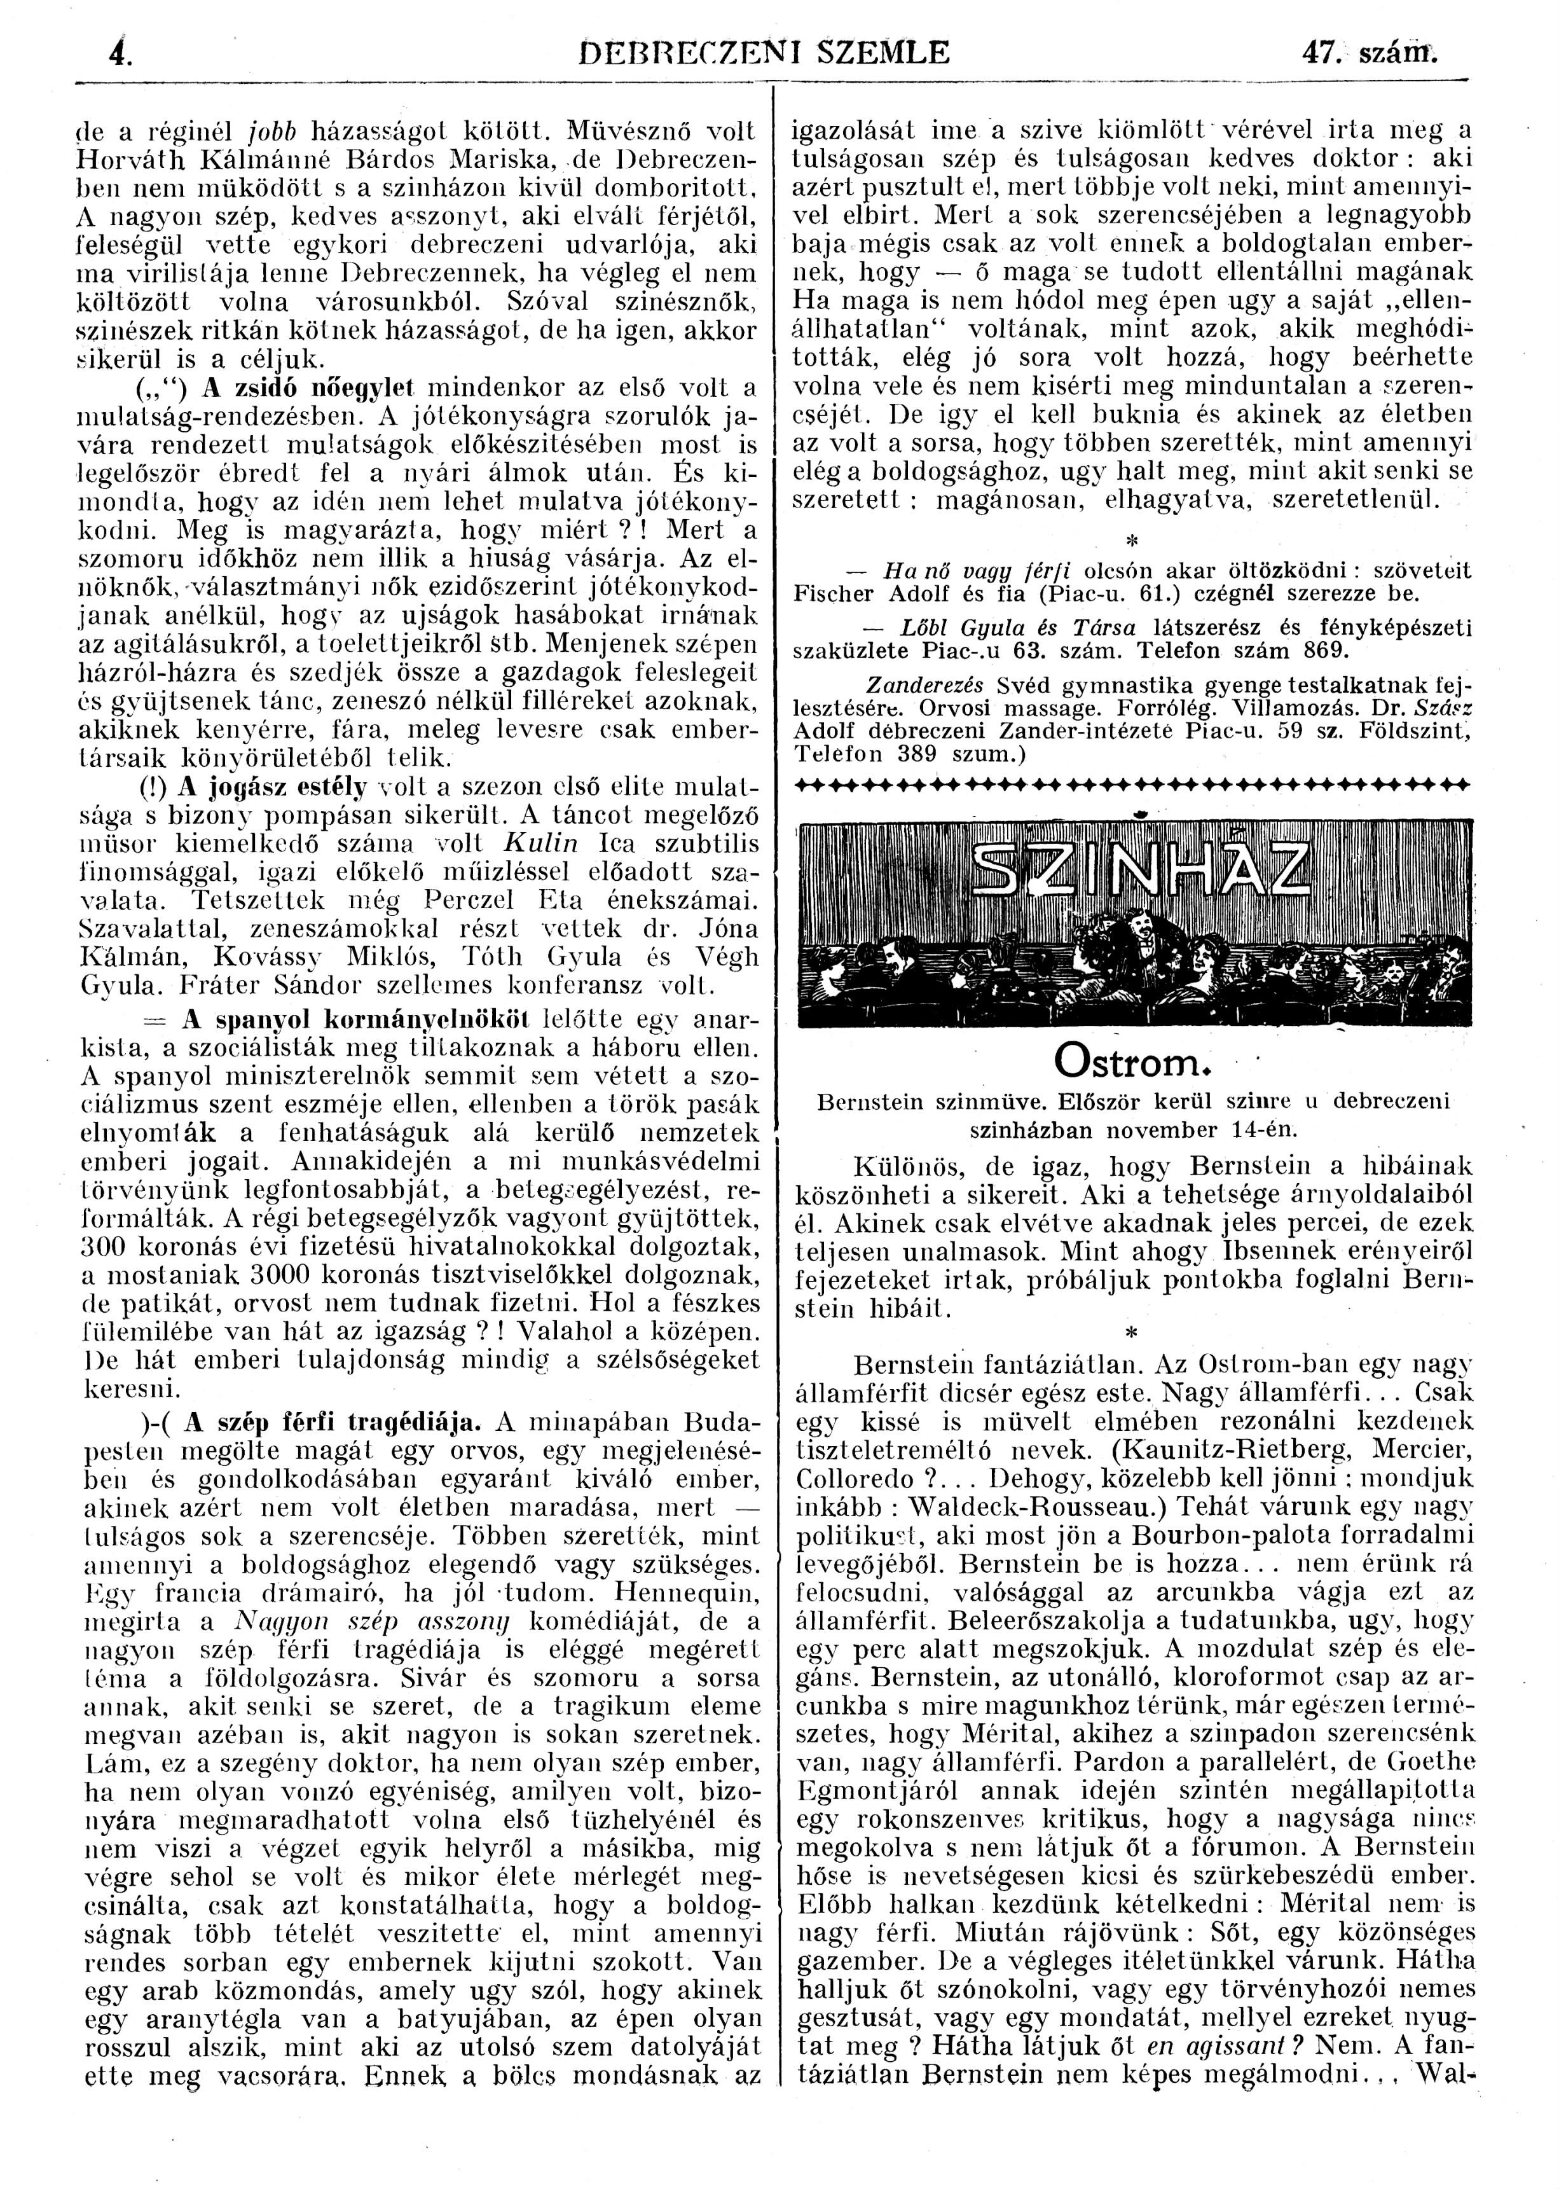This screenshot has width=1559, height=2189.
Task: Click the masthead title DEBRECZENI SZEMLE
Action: (765, 50)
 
